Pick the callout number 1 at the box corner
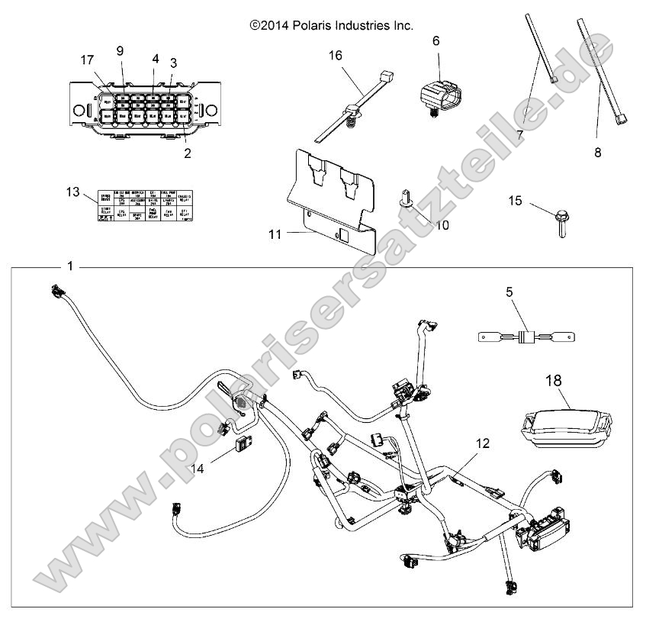click(70, 266)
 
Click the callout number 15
click(516, 200)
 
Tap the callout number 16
click(336, 55)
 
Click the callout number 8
click(597, 153)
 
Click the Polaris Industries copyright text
click(332, 25)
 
